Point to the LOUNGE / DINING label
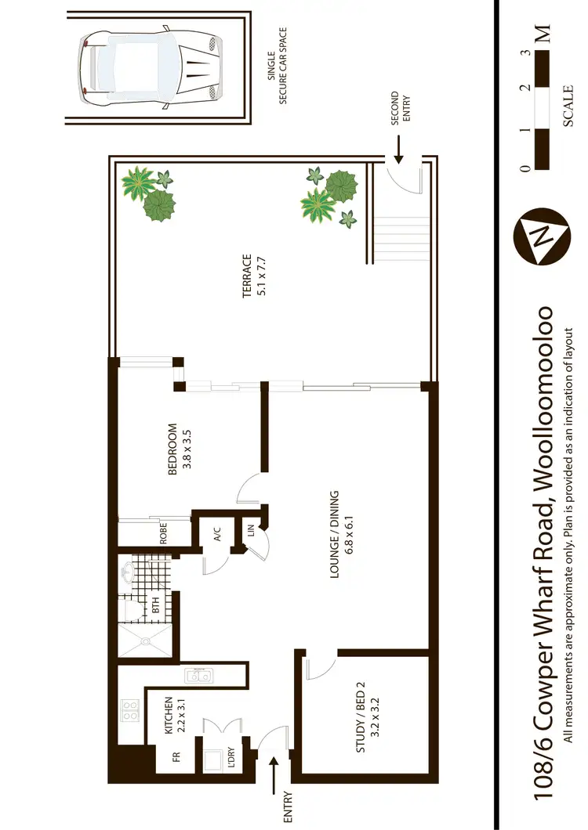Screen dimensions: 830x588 point(339,535)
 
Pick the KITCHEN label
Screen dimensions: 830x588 point(174,715)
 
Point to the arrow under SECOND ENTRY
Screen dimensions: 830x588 point(397,153)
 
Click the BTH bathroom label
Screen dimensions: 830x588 point(155,604)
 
